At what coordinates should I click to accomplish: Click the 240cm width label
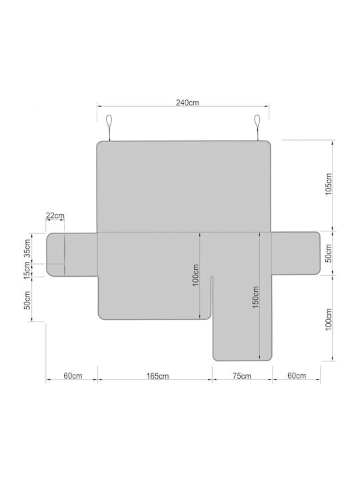[x=187, y=103]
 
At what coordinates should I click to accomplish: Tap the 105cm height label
[x=329, y=184]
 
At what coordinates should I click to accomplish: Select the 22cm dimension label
[x=55, y=215]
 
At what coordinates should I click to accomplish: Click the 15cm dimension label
[x=27, y=270]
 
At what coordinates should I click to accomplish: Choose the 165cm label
[x=157, y=376]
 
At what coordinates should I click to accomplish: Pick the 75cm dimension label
[x=241, y=375]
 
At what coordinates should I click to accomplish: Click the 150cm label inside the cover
[x=255, y=297]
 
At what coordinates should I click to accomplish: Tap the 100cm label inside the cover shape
[x=195, y=275]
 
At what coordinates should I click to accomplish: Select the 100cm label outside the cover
[x=329, y=319]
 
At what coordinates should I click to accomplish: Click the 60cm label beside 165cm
[x=73, y=375]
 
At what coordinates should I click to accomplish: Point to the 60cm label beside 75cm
[x=297, y=375]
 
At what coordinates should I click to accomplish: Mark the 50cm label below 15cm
[x=27, y=300]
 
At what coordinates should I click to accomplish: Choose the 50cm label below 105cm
[x=328, y=253]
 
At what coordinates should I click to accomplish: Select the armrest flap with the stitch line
[x=71, y=255]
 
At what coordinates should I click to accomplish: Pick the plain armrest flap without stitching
[x=296, y=253]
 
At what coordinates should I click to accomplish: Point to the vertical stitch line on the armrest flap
[x=65, y=255]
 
